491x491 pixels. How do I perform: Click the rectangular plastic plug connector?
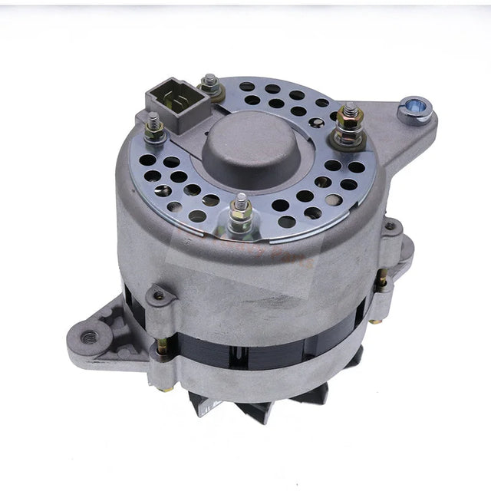(170, 107)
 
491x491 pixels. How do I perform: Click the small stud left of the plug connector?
(154, 126)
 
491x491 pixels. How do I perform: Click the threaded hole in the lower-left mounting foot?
(90, 335)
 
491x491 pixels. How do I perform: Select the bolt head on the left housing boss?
(159, 295)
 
